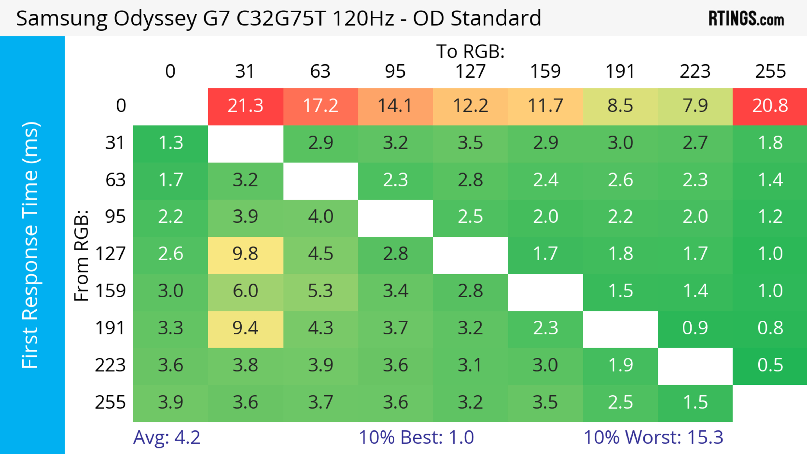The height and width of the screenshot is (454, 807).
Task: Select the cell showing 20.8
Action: [x=770, y=106]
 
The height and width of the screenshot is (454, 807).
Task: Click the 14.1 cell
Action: [x=395, y=106]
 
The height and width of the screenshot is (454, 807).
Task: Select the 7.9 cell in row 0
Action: [x=695, y=106]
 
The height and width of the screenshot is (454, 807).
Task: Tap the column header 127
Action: [x=470, y=71]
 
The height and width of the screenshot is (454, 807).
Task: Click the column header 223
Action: [x=695, y=71]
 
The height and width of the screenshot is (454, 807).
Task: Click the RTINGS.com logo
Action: [x=746, y=19]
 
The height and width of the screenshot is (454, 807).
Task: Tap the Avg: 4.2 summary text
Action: [x=166, y=437]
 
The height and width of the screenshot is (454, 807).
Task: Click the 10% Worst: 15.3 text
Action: [x=653, y=437]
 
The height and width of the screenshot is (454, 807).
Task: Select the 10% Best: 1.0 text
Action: [x=416, y=437]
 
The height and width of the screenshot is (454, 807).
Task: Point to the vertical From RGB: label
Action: [x=82, y=255]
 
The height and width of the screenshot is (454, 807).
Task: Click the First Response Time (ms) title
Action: [x=30, y=245]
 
